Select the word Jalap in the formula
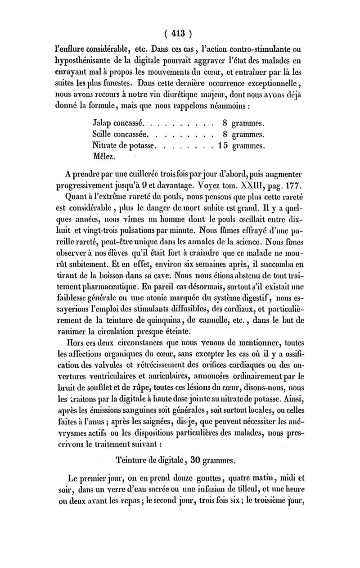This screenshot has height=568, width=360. point(102,122)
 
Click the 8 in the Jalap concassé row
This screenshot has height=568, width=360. point(225,122)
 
